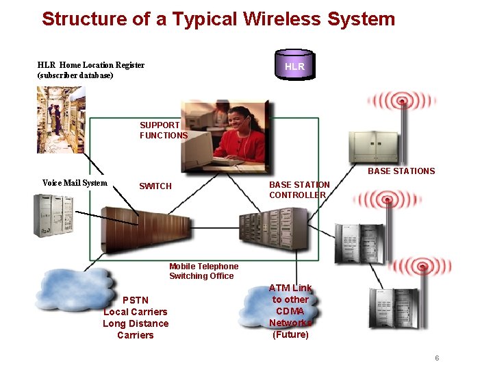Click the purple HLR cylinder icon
click(294, 66)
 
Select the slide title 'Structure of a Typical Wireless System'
click(218, 18)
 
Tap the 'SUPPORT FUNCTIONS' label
click(163, 130)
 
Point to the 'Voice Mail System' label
click(75, 183)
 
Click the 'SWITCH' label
click(155, 186)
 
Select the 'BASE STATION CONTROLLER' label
click(299, 190)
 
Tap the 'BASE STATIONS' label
click(401, 171)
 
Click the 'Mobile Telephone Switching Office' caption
click(203, 271)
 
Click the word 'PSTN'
click(135, 300)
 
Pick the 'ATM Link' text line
click(290, 288)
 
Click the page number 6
click(436, 358)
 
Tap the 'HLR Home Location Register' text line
click(91, 65)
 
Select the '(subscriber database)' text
click(75, 75)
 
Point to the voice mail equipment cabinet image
click(53, 215)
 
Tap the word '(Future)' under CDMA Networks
click(290, 335)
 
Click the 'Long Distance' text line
click(136, 323)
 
